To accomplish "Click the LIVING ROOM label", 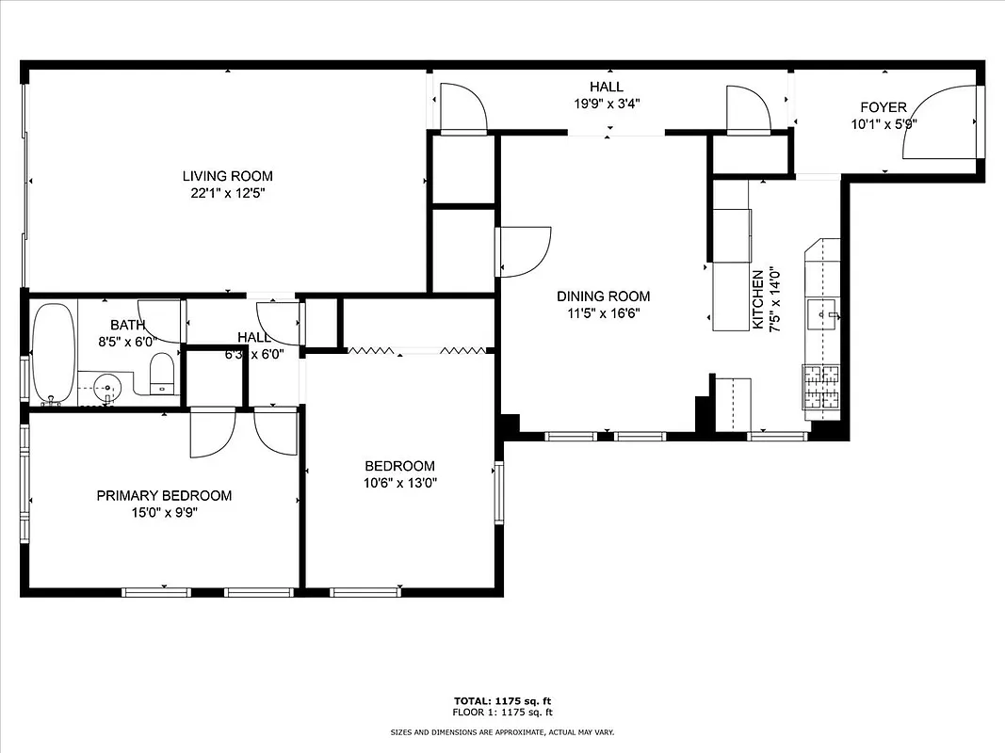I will (x=227, y=176).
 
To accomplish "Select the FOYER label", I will (x=883, y=107).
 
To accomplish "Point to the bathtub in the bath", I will (x=52, y=353).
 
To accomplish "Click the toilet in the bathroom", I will (x=162, y=373).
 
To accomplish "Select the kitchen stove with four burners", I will (x=819, y=387).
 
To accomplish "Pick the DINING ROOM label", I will (x=602, y=296).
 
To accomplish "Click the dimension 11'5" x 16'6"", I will (x=602, y=313).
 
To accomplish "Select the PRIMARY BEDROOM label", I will (x=164, y=496).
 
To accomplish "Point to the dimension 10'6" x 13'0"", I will (x=399, y=483).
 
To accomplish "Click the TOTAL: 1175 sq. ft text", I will (x=502, y=701).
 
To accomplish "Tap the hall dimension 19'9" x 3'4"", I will (x=607, y=104).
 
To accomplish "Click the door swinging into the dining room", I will (x=524, y=252).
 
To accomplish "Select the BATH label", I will (x=127, y=326).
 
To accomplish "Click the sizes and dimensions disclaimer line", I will (x=502, y=731).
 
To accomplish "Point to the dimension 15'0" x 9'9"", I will (x=164, y=513).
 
